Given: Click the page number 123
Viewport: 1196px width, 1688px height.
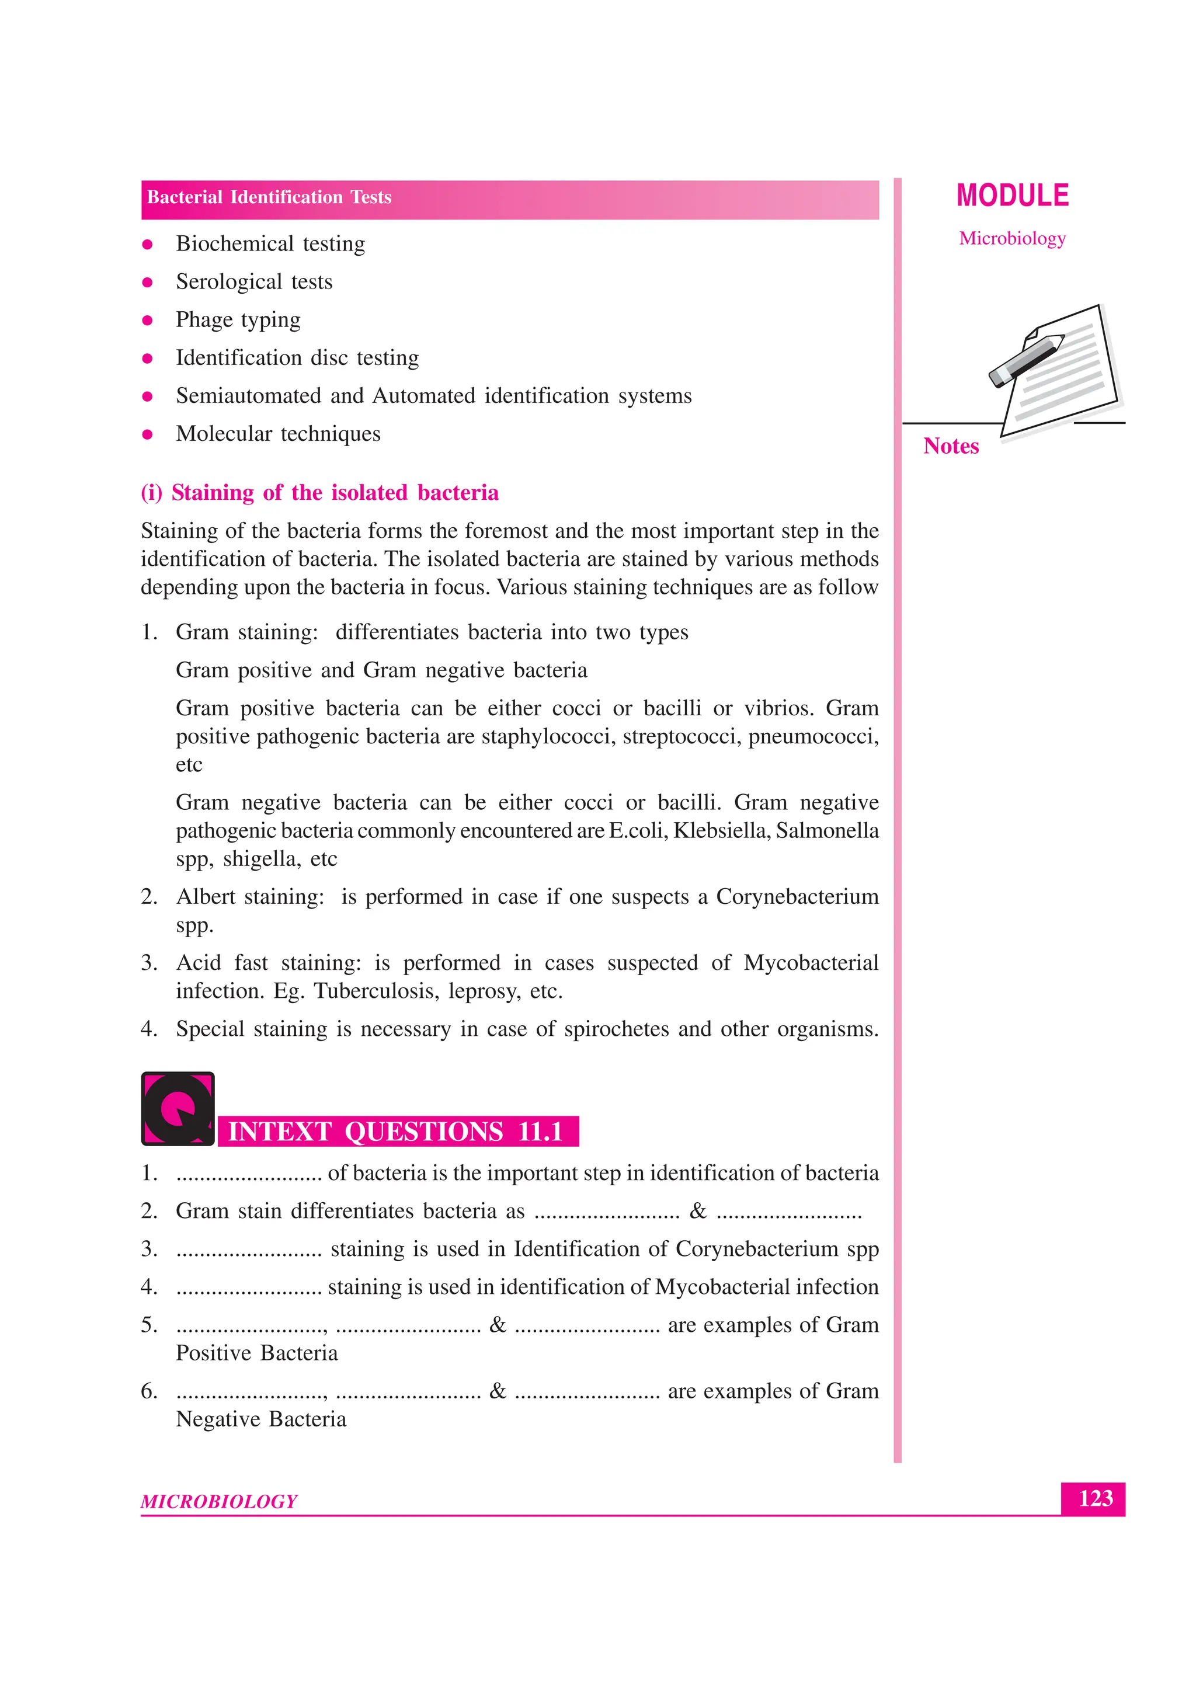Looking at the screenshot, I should [1094, 1498].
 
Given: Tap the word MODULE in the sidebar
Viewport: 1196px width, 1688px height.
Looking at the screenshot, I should [1013, 196].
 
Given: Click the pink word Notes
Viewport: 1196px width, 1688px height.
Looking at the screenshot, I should [951, 446].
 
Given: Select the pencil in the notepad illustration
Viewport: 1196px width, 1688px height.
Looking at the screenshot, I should [1027, 360].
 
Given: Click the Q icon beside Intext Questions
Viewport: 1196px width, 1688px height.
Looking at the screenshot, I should [178, 1108].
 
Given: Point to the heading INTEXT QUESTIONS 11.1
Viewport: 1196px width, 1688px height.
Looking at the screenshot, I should [395, 1132].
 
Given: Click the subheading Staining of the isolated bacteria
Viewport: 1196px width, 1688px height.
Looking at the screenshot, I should [319, 492].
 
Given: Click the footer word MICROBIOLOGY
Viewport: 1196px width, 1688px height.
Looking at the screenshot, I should [219, 1501].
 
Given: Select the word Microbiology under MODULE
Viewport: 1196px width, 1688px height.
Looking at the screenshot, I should [1012, 238].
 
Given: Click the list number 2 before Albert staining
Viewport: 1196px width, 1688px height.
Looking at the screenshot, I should [149, 897].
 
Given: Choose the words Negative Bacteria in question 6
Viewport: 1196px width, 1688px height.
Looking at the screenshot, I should [260, 1419].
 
